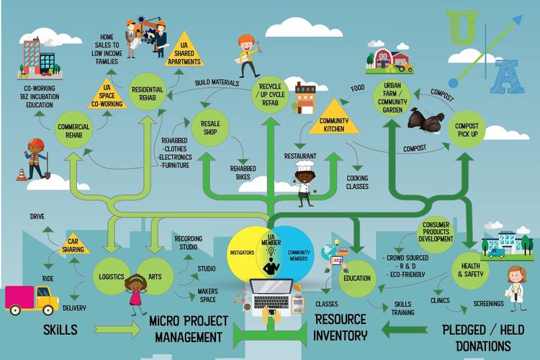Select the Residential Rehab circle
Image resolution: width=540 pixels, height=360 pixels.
point(150,93)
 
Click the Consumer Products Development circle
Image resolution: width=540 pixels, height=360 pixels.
point(437,233)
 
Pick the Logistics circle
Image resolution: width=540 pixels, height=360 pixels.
point(112,277)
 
